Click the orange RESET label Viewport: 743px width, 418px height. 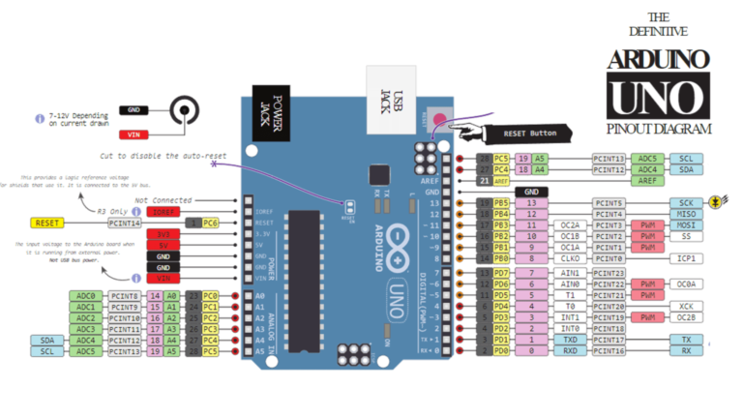(46, 223)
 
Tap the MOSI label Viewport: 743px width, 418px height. (687, 224)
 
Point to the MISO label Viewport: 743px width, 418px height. (687, 214)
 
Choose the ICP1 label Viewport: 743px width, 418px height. (687, 259)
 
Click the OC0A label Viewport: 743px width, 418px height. (687, 284)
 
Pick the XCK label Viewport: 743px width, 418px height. (687, 306)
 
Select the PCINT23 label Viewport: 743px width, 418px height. (609, 274)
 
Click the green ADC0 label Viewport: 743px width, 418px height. (85, 295)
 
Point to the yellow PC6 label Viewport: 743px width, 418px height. (211, 223)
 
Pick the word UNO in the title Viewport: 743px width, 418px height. (657, 94)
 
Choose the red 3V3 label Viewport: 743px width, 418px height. (163, 234)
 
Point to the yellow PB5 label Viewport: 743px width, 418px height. (500, 202)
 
